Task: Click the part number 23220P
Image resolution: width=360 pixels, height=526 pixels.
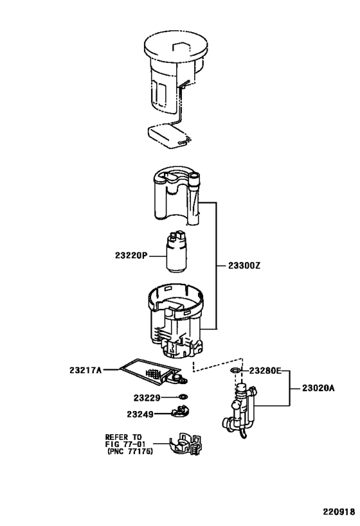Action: click(x=131, y=256)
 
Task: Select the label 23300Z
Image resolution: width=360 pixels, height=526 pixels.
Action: click(x=244, y=266)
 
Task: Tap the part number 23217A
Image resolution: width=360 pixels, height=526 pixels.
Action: click(x=85, y=371)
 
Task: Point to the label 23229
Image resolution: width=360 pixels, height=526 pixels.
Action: click(x=147, y=398)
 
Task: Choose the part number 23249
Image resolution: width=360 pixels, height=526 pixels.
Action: click(x=140, y=414)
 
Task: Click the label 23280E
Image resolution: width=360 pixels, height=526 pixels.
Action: click(x=265, y=371)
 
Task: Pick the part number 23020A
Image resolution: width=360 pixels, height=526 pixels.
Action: click(x=318, y=388)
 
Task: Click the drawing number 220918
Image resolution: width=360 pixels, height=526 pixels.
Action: click(x=339, y=512)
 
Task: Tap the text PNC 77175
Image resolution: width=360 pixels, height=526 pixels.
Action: click(x=130, y=451)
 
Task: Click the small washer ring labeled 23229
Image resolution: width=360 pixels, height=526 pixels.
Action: click(x=183, y=397)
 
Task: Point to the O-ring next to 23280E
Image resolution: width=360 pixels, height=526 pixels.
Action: click(x=235, y=371)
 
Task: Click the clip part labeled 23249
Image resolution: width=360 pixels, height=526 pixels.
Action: click(x=180, y=412)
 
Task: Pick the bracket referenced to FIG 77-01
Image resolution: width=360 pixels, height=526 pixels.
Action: click(x=185, y=444)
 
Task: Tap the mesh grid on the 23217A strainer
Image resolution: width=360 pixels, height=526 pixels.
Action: click(x=154, y=373)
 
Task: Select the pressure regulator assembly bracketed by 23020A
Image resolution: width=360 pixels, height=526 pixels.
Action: click(x=240, y=411)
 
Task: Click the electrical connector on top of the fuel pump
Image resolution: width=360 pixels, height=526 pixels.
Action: click(x=178, y=235)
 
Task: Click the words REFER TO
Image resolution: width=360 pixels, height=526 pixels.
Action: click(x=123, y=437)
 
